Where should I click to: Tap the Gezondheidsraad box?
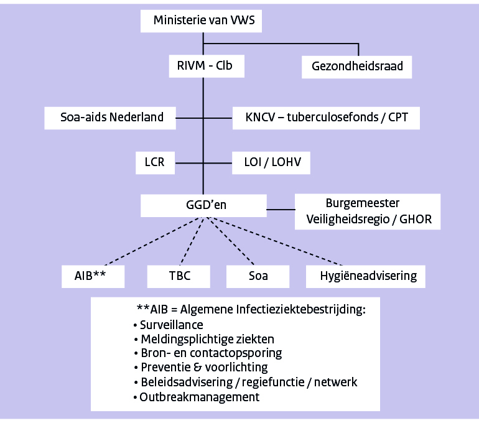357,67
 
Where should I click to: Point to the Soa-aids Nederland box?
111,116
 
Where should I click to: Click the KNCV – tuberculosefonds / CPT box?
325,116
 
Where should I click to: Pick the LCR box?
156,163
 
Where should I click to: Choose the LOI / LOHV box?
270,163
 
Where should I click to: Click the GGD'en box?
203,205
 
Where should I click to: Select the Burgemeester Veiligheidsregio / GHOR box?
367,211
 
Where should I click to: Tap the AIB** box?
93,276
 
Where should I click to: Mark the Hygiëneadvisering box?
365,276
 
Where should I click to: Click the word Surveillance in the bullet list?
172,325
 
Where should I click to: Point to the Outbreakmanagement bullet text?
199,397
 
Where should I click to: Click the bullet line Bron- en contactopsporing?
211,353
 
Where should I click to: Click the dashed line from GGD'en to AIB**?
149,241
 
